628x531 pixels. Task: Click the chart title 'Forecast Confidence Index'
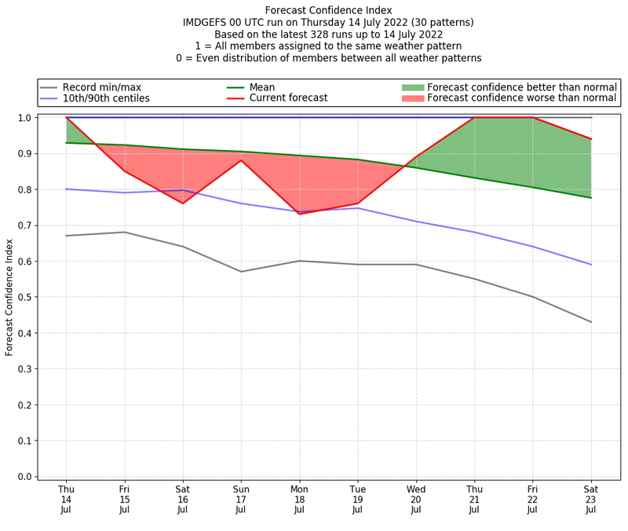pos(328,10)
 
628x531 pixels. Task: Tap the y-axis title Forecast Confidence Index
pos(9,296)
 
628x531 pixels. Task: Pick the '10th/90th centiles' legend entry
pos(106,98)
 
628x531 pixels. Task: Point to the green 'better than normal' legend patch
pos(412,86)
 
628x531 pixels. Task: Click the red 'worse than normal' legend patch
pos(412,98)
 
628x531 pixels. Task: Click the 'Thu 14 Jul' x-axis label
pos(66,498)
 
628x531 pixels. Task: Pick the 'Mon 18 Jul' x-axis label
pos(299,498)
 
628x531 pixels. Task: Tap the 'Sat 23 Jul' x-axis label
pos(590,498)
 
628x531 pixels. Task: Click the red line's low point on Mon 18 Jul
pos(299,214)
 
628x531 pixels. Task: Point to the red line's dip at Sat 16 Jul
pos(183,203)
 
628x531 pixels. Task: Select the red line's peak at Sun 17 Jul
pos(241,160)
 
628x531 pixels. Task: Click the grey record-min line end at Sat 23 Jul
pos(590,322)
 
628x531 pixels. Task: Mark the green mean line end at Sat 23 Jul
pos(590,197)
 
